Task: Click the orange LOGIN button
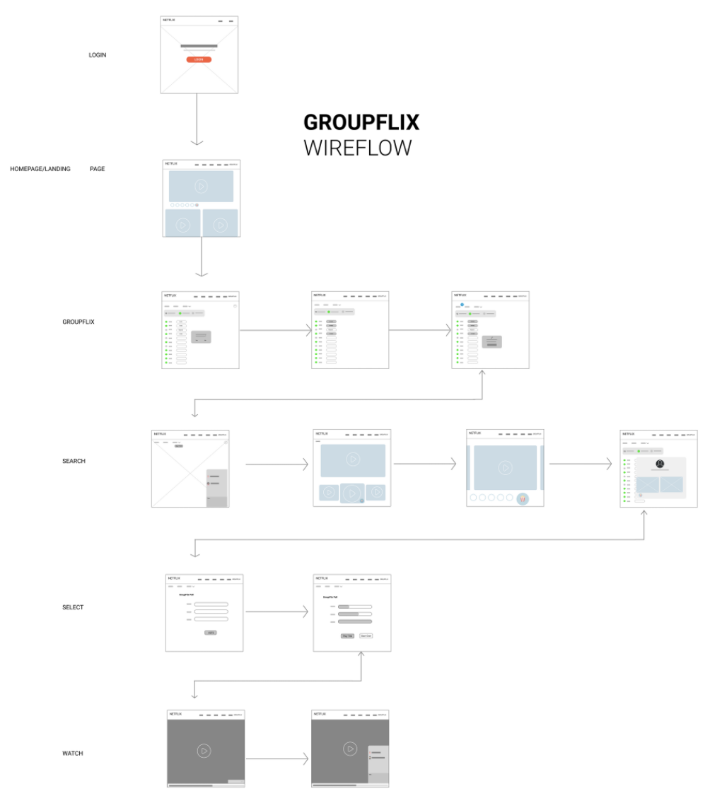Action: click(x=199, y=59)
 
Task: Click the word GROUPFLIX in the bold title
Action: click(x=361, y=123)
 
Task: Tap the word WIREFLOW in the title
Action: click(x=357, y=148)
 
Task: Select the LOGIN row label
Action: click(x=98, y=55)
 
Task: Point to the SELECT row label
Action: click(x=73, y=607)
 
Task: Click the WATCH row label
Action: click(x=73, y=754)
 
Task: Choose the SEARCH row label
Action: click(x=74, y=461)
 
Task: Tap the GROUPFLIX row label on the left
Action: click(x=78, y=322)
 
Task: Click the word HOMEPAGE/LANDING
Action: click(x=40, y=169)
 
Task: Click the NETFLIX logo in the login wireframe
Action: click(x=169, y=21)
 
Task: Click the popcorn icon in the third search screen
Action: click(x=523, y=499)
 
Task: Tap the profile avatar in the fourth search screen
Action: click(x=659, y=464)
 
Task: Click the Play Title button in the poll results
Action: click(x=347, y=636)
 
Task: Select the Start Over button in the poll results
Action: click(x=366, y=636)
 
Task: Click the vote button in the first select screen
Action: click(x=210, y=632)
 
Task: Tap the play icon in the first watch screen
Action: click(x=204, y=751)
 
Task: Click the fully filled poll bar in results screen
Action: click(x=355, y=621)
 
